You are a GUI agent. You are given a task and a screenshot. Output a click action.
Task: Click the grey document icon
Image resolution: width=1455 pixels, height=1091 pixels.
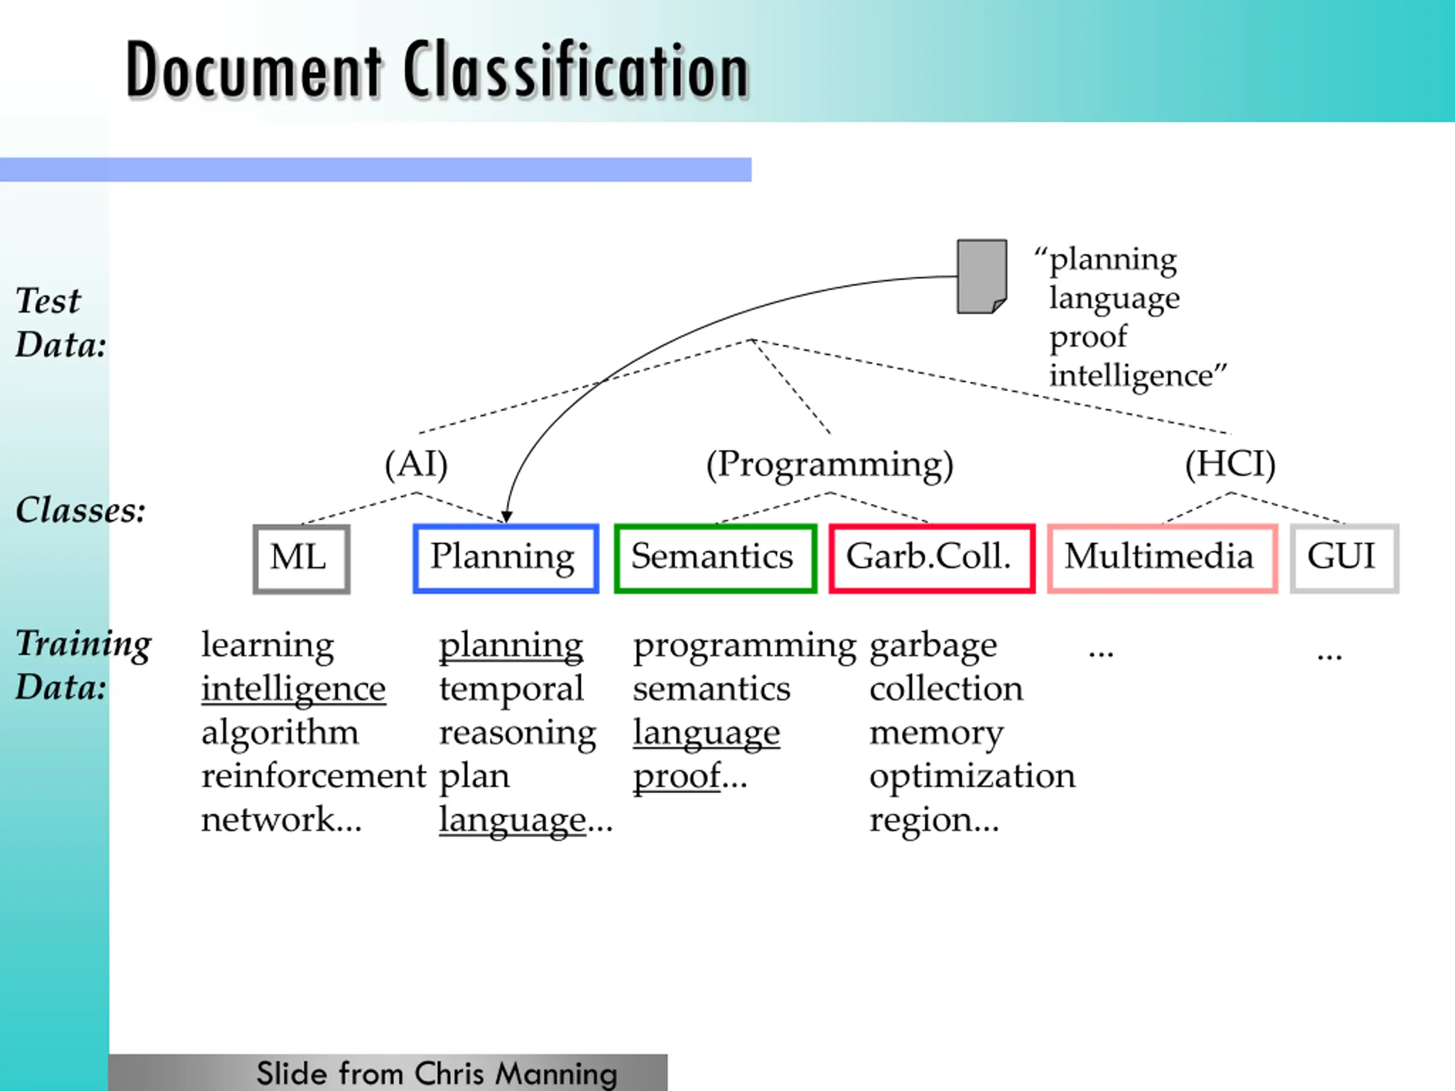tap(982, 276)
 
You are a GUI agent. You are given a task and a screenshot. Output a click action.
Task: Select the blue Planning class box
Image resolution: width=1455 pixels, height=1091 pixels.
tap(505, 557)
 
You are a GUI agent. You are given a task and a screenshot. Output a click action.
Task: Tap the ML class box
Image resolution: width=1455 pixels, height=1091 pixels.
tap(301, 559)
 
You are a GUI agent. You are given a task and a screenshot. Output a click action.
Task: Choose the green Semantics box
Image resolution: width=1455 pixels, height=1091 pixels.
tap(715, 557)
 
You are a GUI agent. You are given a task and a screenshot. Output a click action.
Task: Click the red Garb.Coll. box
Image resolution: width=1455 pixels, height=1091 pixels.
tap(932, 557)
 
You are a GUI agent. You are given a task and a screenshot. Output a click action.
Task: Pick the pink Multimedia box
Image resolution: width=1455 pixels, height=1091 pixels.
tap(1162, 557)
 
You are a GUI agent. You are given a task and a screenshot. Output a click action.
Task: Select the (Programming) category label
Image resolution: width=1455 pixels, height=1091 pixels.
tap(829, 464)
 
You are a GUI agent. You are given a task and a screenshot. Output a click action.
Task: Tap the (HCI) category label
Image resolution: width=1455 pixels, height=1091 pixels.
tap(1230, 464)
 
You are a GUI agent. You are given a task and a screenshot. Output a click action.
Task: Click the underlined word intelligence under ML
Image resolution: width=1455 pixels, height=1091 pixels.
tap(293, 689)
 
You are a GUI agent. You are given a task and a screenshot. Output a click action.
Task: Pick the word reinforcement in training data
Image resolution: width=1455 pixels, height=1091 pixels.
tap(313, 776)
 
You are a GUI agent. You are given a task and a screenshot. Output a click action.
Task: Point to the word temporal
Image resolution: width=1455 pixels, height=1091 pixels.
tap(511, 689)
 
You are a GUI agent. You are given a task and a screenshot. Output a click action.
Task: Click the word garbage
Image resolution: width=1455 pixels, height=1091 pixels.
tap(933, 646)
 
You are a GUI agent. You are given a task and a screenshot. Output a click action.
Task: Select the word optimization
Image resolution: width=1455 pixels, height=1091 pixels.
tap(971, 776)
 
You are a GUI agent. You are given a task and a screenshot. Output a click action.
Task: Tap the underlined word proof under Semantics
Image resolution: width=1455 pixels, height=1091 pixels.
tap(676, 776)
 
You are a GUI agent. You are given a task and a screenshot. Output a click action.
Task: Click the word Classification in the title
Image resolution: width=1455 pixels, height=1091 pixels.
tap(576, 70)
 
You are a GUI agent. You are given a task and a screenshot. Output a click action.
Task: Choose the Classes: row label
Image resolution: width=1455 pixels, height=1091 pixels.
tap(80, 510)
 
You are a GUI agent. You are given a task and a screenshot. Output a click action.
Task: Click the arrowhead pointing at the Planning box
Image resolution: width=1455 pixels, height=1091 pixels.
tap(506, 517)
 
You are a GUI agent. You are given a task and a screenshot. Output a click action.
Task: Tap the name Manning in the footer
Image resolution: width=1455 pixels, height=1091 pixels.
tap(556, 1074)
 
